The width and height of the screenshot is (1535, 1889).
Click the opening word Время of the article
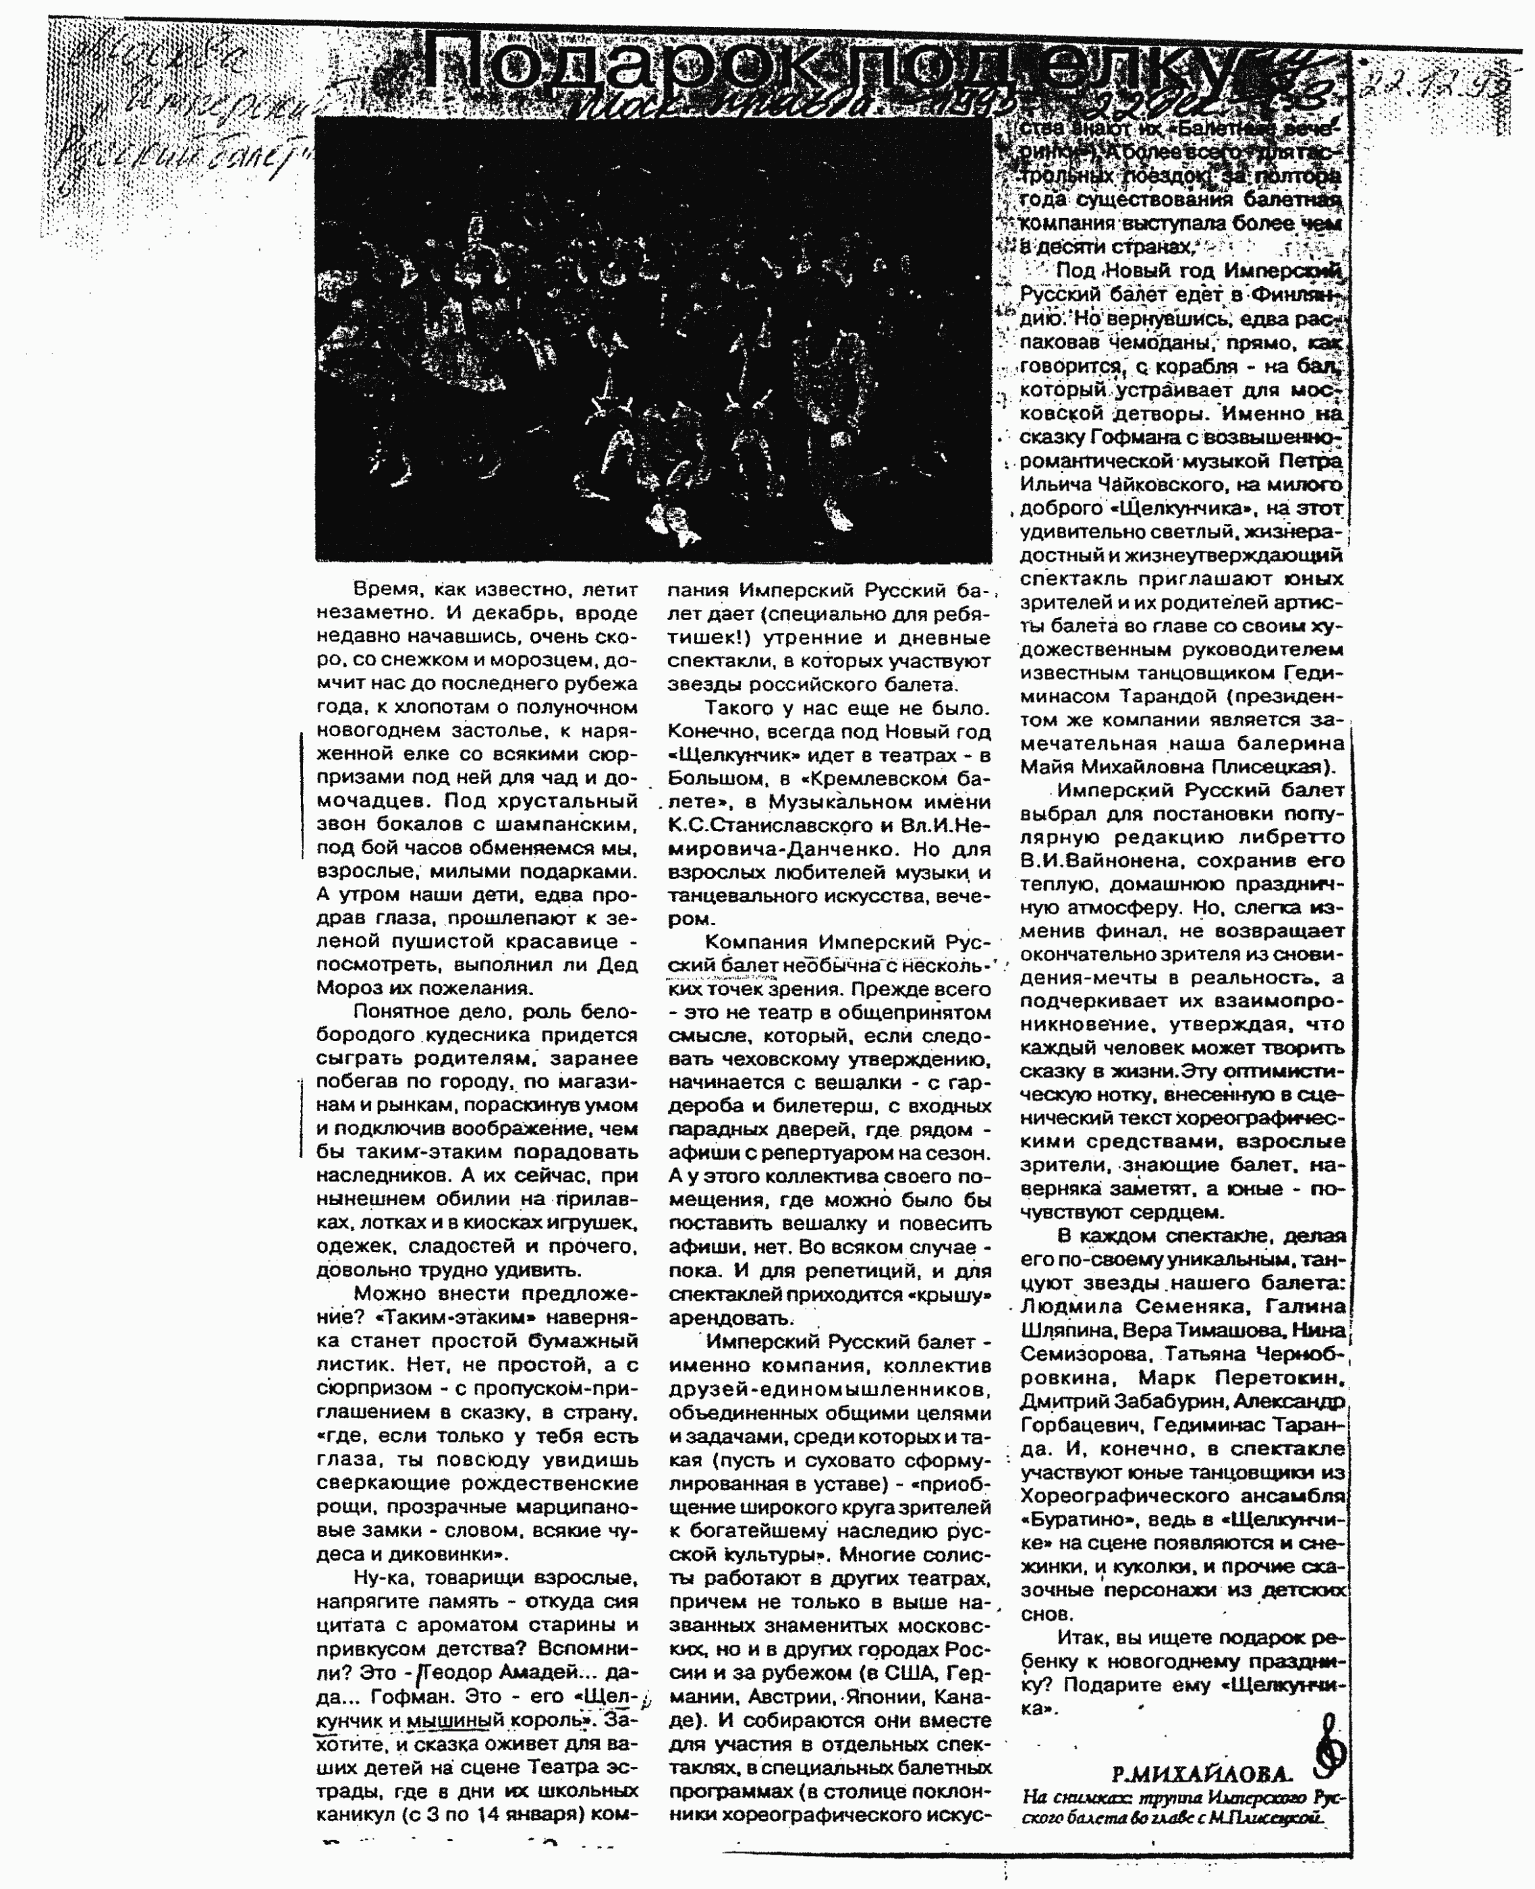click(385, 589)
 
